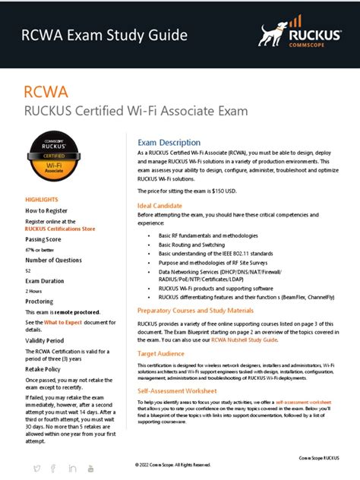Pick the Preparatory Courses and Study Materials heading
[196, 311]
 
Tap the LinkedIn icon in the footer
[72, 466]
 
